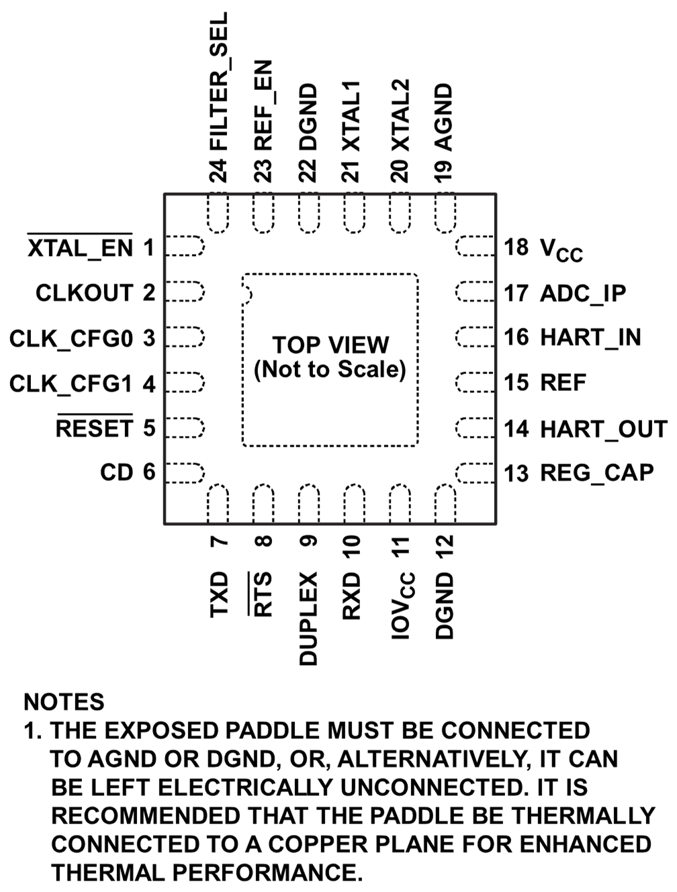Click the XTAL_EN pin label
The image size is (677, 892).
pos(81,249)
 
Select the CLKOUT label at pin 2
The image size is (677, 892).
pos(85,294)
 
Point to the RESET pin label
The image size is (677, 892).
pos(95,429)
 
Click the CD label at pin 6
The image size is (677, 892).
pos(118,473)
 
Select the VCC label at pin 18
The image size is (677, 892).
pos(561,250)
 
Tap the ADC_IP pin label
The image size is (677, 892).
pos(583,294)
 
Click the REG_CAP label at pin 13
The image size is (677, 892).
pos(597,473)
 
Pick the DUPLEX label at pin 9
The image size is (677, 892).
pos(308,619)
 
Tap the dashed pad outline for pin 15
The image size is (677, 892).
pos(476,382)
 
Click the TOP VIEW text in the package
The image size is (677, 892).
pos(330,345)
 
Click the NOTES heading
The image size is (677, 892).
pos(64,702)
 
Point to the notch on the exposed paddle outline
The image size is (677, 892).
pos(246,292)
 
